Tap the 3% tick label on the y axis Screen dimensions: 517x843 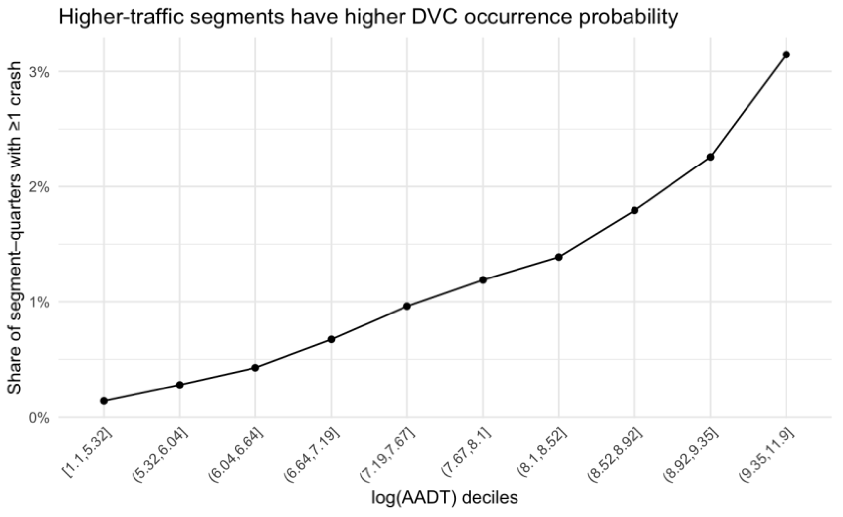click(x=40, y=72)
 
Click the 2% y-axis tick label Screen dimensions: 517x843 click(x=40, y=188)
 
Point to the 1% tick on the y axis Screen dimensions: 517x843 click(x=40, y=303)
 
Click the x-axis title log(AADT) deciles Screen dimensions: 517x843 click(x=445, y=499)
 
